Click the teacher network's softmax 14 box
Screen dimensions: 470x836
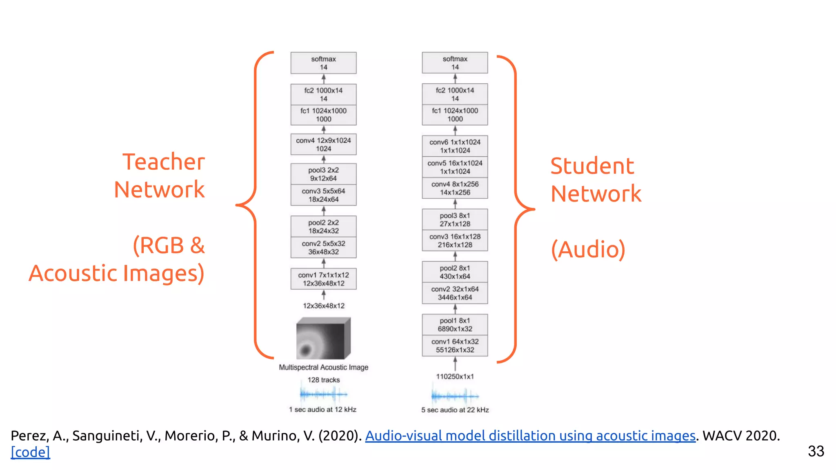point(323,63)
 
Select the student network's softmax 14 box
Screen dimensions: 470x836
point(455,63)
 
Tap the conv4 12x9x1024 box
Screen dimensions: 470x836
point(323,144)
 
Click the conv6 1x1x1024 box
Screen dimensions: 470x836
point(455,146)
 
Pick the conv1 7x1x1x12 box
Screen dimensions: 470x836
point(323,279)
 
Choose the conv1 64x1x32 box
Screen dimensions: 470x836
point(455,346)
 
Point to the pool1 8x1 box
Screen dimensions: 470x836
point(455,325)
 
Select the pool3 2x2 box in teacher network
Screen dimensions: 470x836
point(323,174)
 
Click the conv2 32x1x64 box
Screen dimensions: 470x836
point(455,293)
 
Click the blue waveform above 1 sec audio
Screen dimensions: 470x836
point(323,394)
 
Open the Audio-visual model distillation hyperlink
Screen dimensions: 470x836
point(530,436)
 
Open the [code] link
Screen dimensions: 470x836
point(30,452)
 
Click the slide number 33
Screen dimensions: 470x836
point(816,451)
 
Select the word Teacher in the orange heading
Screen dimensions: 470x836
point(163,162)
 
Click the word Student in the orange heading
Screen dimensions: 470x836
point(592,166)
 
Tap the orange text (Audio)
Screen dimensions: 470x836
point(588,249)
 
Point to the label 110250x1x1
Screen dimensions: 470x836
point(455,376)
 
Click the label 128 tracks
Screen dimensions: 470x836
point(323,380)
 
